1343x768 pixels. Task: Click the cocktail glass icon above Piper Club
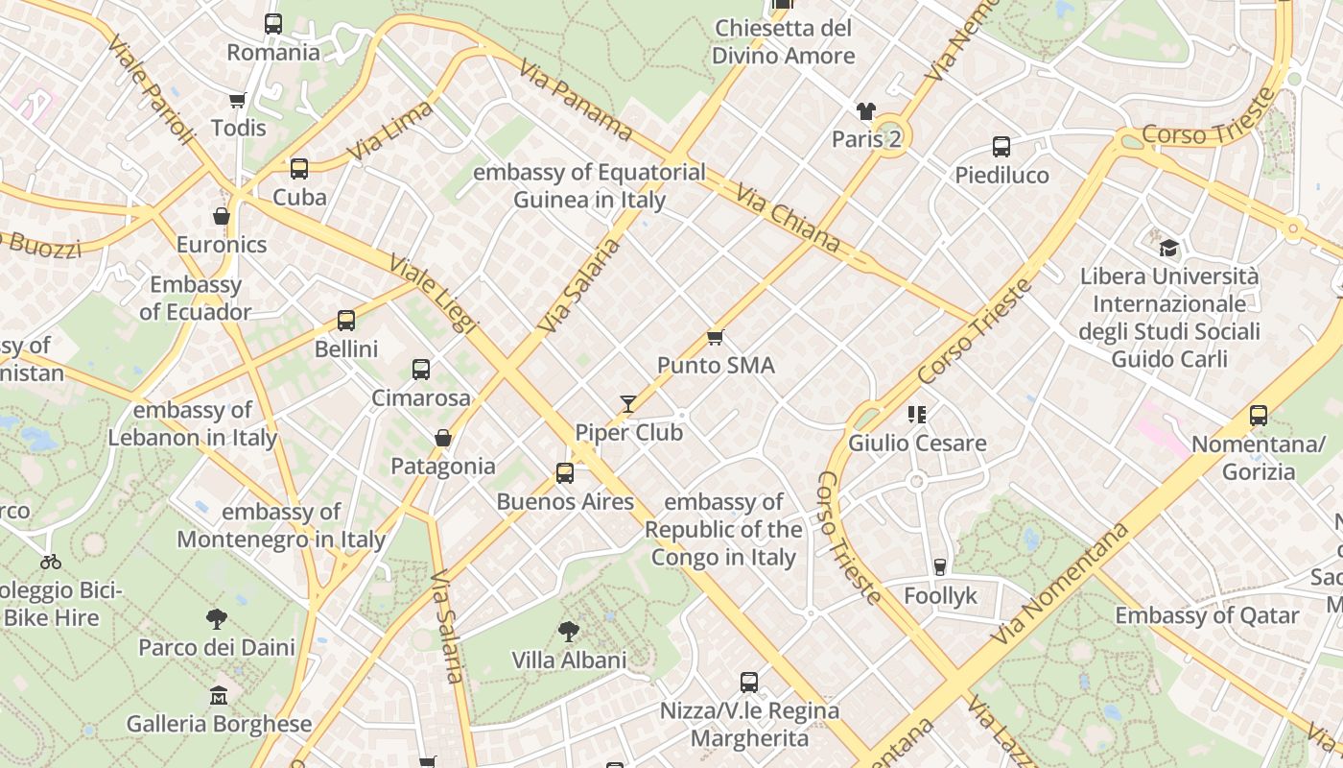coord(628,404)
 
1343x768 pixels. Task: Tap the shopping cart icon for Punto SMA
coord(715,337)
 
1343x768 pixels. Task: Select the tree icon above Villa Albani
coord(569,631)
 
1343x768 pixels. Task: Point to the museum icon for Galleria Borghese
coord(219,694)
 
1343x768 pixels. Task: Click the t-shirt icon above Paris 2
coord(866,111)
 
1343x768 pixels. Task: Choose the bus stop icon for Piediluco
coord(1001,147)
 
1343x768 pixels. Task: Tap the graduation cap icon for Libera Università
coord(1168,248)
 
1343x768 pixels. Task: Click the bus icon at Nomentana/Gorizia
coord(1258,416)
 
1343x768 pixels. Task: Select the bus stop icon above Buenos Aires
coord(565,473)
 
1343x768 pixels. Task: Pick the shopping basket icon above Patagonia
coord(443,438)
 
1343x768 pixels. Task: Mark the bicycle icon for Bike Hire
coord(51,562)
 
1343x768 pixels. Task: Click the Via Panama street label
coord(575,101)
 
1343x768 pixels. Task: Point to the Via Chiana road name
coord(788,219)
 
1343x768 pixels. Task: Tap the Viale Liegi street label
coord(433,294)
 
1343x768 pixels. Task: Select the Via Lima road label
coord(389,131)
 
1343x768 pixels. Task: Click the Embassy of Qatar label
coord(1207,615)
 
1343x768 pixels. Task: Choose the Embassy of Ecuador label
coord(196,299)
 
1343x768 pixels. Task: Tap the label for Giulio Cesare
coord(917,444)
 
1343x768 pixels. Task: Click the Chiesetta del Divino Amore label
coord(784,41)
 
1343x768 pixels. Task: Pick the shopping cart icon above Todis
coord(238,100)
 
